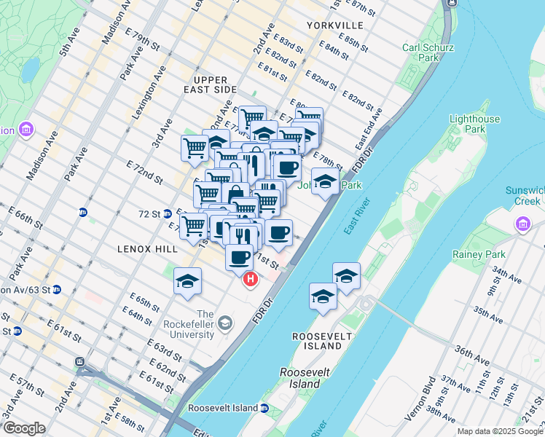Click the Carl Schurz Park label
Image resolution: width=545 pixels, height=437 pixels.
coord(421,52)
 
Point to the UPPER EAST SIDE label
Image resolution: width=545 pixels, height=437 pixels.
coord(216,84)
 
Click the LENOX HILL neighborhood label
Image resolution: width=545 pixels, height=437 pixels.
coord(148,249)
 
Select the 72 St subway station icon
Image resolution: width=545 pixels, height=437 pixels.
coord(168,214)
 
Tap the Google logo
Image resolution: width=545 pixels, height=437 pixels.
coord(24,428)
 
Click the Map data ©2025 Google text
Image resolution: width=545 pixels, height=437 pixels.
coord(500,431)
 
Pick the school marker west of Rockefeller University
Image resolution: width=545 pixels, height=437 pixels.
coord(187,281)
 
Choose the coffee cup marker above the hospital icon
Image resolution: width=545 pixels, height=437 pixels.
coord(240,257)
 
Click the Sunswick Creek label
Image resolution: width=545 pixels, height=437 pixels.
coord(525,195)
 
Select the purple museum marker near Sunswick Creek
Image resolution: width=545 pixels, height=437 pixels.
coord(522,224)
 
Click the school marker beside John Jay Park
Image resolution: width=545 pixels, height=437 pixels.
coord(325,181)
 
